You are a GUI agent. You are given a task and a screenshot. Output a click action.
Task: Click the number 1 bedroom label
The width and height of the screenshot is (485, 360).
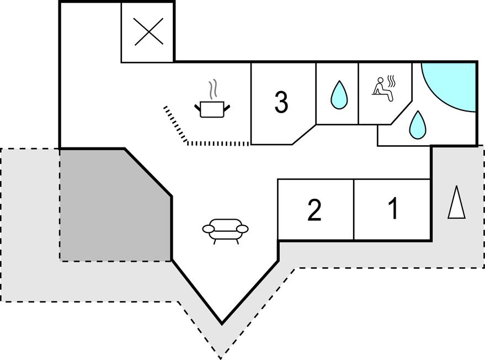[x=393, y=209]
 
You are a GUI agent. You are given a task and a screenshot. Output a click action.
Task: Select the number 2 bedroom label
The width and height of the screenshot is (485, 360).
[x=314, y=211]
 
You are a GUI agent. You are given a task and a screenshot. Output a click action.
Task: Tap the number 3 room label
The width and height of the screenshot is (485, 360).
[x=281, y=102]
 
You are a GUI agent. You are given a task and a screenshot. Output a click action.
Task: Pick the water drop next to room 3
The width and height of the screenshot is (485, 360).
[x=338, y=95]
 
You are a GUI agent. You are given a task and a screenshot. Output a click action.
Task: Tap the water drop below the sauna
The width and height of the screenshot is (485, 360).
[x=417, y=125]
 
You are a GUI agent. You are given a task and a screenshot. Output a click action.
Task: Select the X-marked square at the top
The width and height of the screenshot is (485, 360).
[x=148, y=31]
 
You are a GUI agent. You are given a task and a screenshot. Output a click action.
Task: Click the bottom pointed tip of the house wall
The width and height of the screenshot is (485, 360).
[x=222, y=323]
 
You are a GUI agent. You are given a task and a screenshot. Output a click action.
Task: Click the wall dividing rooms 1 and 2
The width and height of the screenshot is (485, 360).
[x=353, y=209]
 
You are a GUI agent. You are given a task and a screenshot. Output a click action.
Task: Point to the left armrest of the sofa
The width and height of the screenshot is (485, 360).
[x=209, y=229]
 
